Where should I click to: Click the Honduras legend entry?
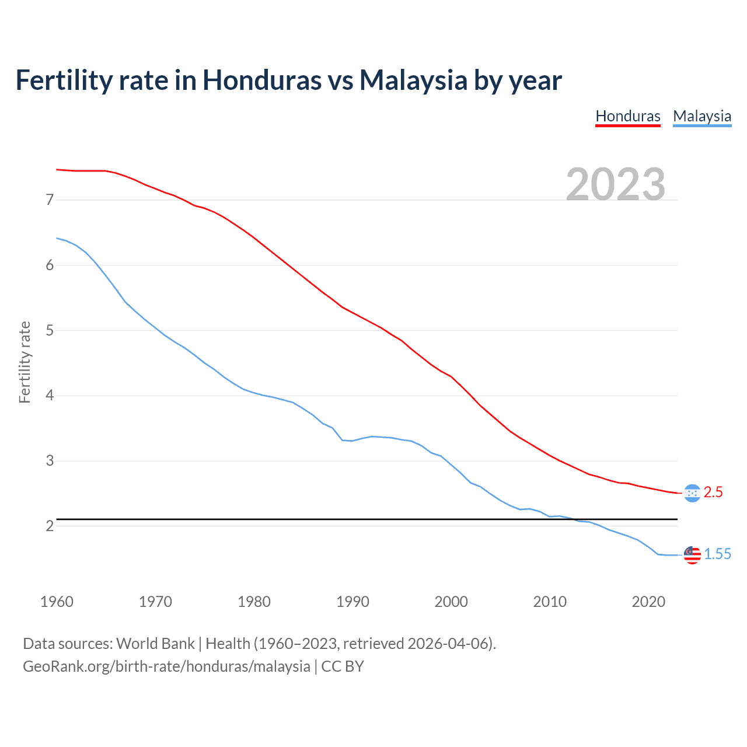627,116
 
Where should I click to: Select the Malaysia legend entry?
701,116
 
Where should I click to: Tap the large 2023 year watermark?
615,184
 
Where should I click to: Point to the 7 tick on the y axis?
50,200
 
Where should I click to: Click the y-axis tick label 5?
50,330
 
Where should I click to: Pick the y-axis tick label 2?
50,526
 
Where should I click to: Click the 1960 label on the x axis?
57,602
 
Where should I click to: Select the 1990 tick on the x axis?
352,602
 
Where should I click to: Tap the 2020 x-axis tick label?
648,602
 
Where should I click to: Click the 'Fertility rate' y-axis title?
25,362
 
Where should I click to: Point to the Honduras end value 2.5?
713,493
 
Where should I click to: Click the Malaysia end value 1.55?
717,554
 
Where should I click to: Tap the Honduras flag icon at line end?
692,493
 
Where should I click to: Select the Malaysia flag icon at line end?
692,555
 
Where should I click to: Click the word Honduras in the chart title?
261,80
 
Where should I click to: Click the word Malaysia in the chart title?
413,80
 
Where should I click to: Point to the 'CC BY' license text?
343,666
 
